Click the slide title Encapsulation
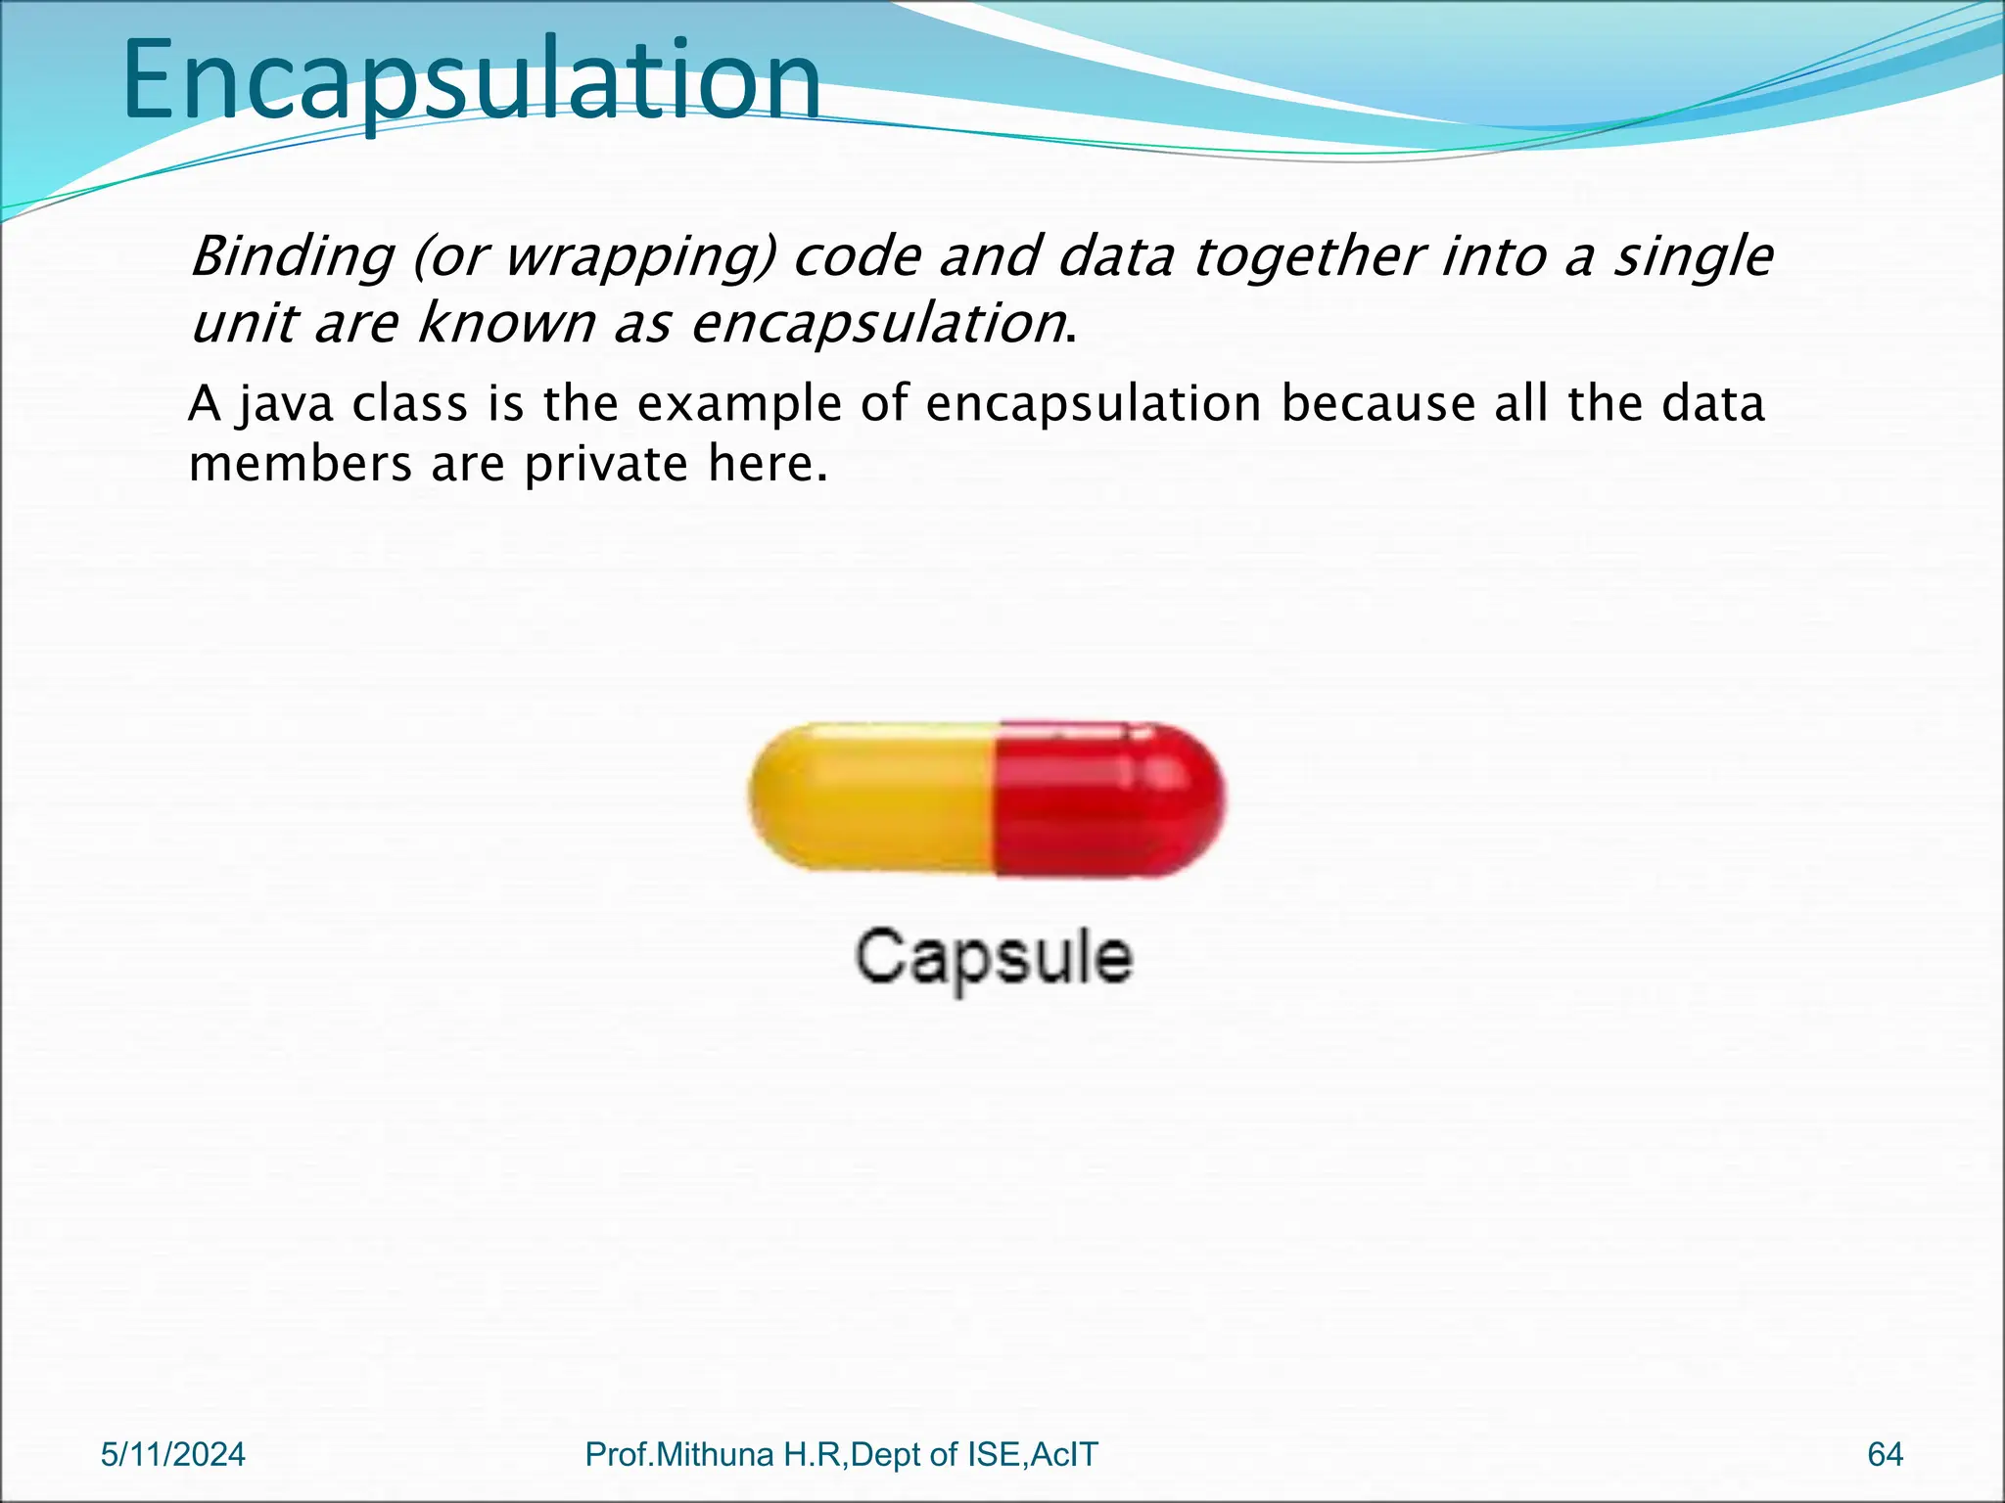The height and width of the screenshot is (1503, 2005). point(470,80)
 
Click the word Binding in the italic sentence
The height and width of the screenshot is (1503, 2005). point(291,256)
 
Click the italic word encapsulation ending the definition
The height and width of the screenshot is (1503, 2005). point(877,324)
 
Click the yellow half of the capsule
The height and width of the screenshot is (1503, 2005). point(871,797)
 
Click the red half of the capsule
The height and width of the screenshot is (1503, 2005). point(1106,797)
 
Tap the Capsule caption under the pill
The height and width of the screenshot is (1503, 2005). point(993,957)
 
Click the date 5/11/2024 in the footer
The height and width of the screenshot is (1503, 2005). point(173,1454)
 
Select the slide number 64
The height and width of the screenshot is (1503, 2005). point(1885,1454)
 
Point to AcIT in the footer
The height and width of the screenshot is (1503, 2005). point(1064,1454)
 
